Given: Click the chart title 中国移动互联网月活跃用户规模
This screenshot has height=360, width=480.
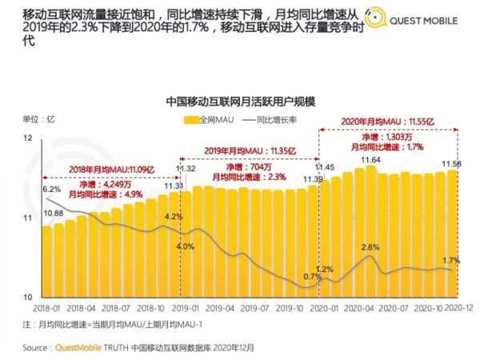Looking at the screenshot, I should coord(239,102).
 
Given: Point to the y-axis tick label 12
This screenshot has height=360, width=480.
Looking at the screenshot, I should coord(30,138).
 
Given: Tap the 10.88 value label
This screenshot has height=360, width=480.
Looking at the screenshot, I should coord(54,214).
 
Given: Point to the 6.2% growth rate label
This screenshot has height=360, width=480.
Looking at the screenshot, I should coord(51,190).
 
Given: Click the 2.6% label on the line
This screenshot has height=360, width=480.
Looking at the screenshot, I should coord(370,246).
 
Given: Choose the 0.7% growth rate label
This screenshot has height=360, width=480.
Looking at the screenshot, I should coord(312,277).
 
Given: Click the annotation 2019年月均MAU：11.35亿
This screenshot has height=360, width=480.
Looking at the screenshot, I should coord(248,150).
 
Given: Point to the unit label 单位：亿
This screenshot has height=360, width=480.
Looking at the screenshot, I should coord(34,119).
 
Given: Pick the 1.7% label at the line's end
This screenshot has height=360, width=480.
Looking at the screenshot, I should coord(451,261).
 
